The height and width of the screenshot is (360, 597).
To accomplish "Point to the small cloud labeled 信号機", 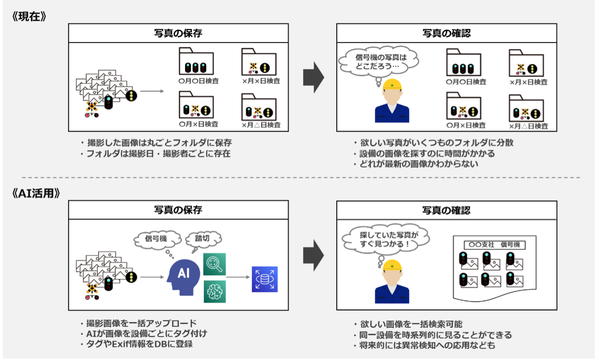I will coord(156,239).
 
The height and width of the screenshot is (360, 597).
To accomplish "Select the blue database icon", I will coord(265,279).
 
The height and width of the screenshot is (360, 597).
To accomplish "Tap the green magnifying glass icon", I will coord(215,264).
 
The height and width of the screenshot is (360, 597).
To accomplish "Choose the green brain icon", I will coord(215,291).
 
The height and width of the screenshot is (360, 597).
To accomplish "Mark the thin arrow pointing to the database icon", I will coord(238,277).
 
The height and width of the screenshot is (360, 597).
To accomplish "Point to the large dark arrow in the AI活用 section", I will coord(313,256).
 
